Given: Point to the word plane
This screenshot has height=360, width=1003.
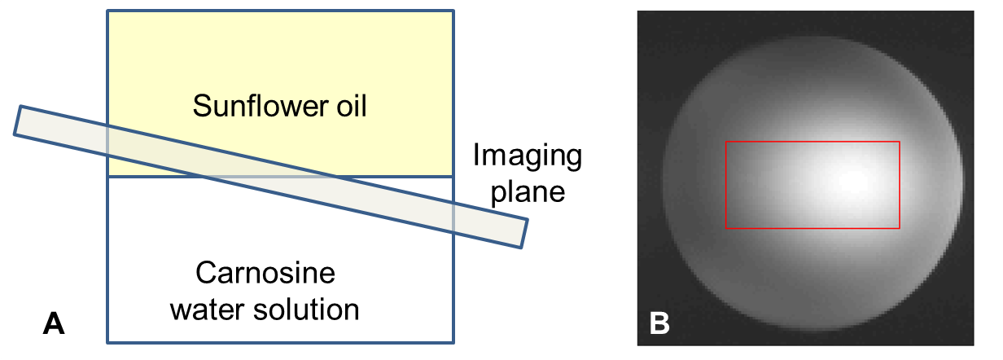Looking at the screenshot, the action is (531, 192).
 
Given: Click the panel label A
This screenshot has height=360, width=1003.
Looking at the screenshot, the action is (54, 324).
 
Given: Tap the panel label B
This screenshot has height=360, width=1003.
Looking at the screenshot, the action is (660, 323).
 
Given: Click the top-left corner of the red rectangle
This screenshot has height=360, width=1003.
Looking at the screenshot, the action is (725, 142).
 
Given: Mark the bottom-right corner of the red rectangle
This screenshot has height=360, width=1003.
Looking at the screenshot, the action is (900, 228).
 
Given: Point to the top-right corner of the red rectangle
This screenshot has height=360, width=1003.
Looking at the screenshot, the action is (900, 142).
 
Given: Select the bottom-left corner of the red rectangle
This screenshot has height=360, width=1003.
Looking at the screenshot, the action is (725, 228).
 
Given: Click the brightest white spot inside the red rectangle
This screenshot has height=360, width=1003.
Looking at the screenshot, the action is (847, 182).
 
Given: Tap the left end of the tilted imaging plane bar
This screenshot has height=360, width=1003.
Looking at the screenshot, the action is (17, 121).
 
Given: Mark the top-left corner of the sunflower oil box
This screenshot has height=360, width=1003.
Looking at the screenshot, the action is (108, 11).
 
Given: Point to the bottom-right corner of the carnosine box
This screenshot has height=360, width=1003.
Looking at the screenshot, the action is (453, 341).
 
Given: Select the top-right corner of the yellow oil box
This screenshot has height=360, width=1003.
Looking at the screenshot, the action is (453, 11).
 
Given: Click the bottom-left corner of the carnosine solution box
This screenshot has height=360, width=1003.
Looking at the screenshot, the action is (108, 341).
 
